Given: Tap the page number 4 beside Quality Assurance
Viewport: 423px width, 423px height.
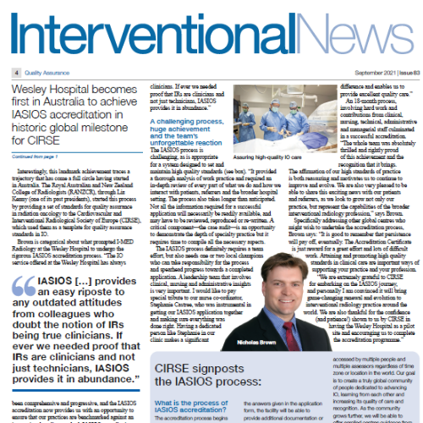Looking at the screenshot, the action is point(16,73).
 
